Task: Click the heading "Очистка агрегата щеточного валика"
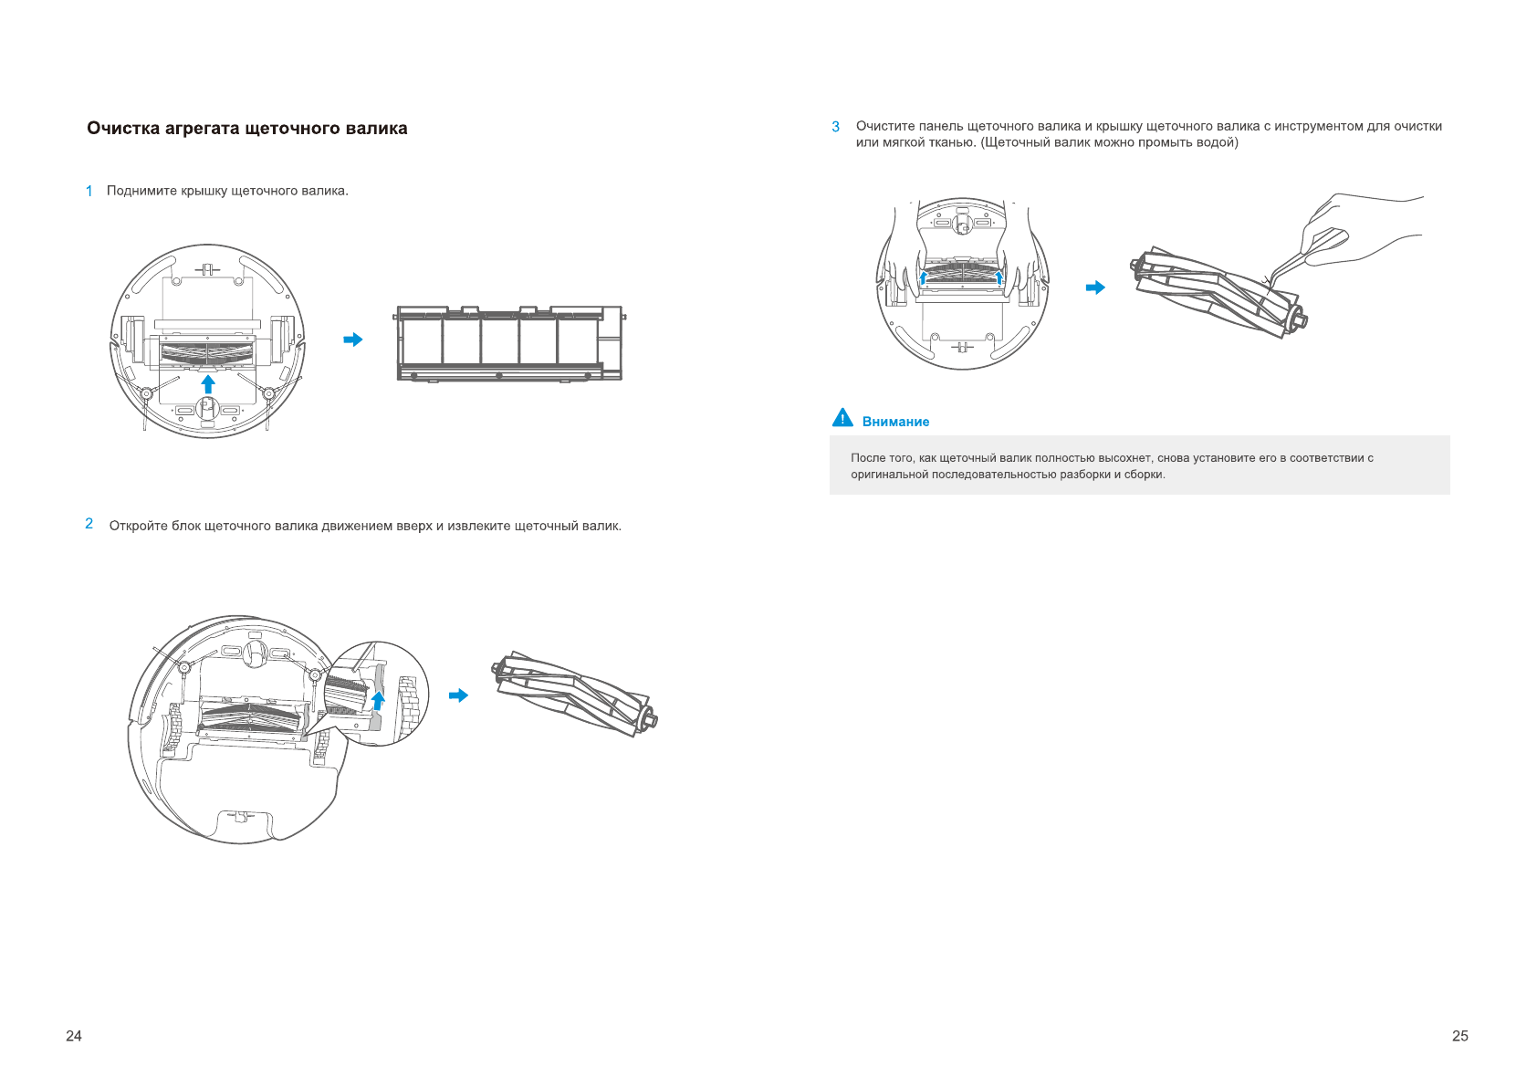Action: tap(246, 129)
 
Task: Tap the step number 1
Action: tap(89, 191)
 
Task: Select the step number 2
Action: tap(89, 524)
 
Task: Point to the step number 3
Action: tap(835, 127)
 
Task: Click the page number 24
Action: tap(74, 1036)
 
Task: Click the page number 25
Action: tap(1460, 1036)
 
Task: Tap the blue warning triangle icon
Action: tap(842, 418)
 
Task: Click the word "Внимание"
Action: tap(895, 422)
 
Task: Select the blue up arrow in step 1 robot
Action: tap(208, 383)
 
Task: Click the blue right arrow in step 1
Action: tap(352, 340)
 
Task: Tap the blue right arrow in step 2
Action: tap(458, 695)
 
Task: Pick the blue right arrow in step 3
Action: tap(1095, 287)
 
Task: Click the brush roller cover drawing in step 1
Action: tap(509, 344)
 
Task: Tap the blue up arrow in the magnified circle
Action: tap(378, 701)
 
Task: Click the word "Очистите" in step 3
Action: tap(885, 126)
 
